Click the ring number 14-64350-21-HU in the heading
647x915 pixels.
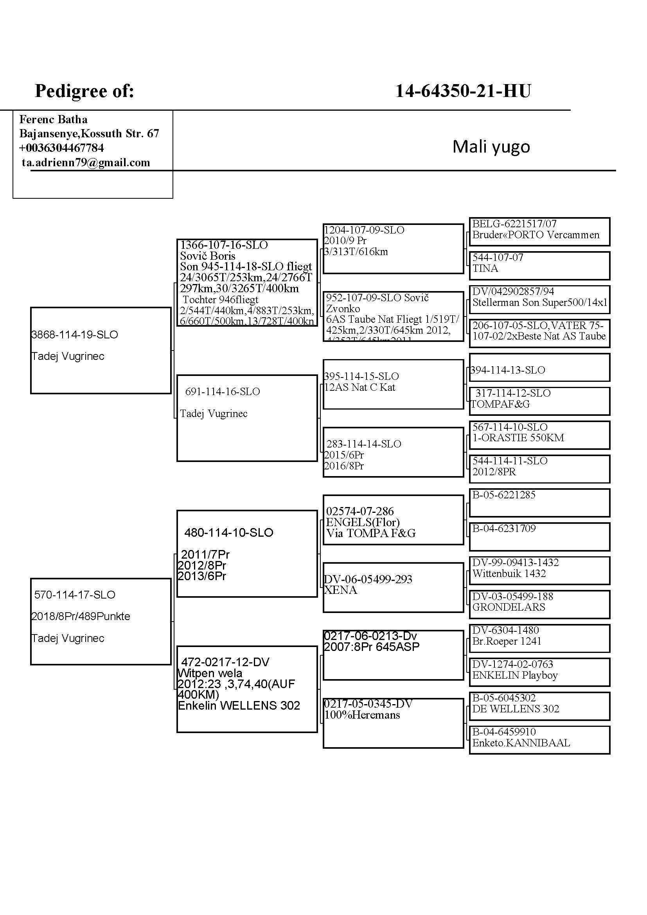click(x=462, y=91)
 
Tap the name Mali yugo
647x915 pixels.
click(x=491, y=147)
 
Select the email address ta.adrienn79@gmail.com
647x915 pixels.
click(x=86, y=163)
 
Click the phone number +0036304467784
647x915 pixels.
click(x=61, y=148)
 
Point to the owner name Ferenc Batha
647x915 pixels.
click(x=53, y=119)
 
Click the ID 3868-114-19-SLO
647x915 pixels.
click(x=74, y=334)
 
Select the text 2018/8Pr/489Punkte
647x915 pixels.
click(x=81, y=616)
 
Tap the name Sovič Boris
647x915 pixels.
click(x=208, y=256)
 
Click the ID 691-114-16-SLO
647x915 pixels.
click(x=222, y=392)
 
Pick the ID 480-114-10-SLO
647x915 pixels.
click(x=229, y=532)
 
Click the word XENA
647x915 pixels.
click(x=341, y=590)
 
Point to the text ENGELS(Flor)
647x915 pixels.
click(x=363, y=522)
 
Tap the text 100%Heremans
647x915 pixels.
click(x=362, y=715)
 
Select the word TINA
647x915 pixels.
click(x=485, y=269)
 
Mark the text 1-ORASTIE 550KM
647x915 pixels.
click(x=518, y=438)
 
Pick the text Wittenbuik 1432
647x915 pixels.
click(x=509, y=573)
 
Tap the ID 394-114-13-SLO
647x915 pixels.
click(x=508, y=370)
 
